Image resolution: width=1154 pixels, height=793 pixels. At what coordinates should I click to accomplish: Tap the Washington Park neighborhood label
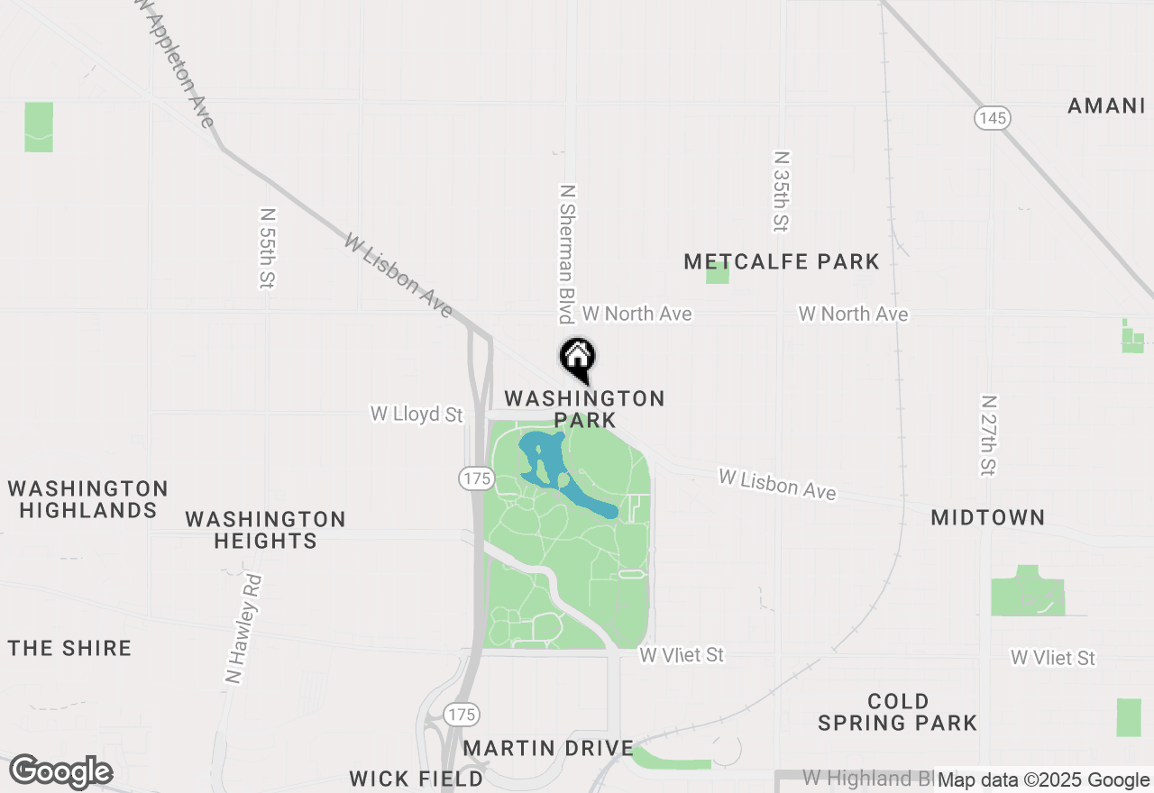(584, 409)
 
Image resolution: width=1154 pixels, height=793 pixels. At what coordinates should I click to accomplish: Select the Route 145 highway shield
(992, 118)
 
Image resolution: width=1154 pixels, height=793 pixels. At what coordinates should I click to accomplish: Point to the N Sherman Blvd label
(567, 254)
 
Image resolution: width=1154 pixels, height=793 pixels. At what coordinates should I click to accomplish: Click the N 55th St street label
(266, 249)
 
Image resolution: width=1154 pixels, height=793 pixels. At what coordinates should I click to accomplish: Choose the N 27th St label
(988, 434)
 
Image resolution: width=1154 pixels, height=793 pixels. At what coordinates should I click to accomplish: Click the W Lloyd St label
(417, 415)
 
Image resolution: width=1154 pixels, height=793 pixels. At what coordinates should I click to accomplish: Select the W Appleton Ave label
(178, 63)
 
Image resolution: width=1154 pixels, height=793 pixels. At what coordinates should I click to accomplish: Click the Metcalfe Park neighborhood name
(781, 262)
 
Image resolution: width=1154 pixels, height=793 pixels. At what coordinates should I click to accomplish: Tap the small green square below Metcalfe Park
(717, 274)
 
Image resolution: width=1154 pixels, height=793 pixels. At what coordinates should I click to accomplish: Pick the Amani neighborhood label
(1105, 106)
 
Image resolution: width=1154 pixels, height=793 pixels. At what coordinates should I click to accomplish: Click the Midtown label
(987, 518)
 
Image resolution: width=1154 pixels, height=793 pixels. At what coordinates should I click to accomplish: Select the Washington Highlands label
(87, 499)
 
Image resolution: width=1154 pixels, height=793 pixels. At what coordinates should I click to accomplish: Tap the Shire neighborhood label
(70, 649)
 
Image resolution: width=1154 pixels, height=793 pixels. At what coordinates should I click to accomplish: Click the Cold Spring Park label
(897, 712)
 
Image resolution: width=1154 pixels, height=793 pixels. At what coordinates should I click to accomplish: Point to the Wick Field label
(417, 779)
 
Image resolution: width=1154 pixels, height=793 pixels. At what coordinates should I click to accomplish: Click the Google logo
(61, 772)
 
